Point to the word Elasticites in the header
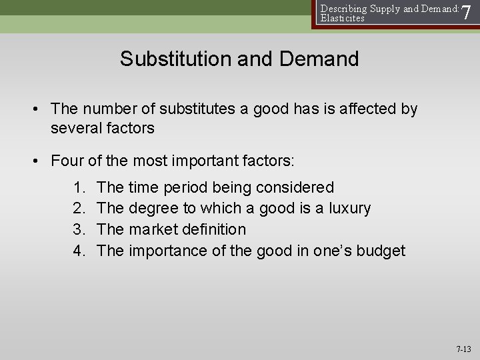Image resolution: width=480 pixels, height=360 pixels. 343,19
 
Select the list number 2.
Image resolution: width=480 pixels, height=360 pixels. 79,209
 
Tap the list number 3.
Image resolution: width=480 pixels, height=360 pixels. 79,229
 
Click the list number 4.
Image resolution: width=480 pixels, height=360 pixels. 79,251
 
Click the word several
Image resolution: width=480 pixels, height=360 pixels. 75,128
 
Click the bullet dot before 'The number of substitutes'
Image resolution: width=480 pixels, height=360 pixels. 41,109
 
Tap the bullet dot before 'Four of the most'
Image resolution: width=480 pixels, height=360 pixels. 41,161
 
